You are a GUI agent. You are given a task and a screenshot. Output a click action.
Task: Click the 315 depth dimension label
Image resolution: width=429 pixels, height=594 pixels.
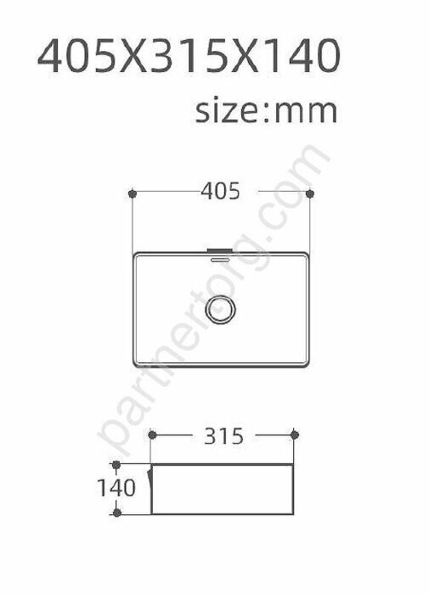pyautogui.click(x=223, y=436)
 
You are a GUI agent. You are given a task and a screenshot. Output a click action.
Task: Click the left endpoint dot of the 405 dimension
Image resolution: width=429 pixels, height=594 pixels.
pyautogui.click(x=133, y=194)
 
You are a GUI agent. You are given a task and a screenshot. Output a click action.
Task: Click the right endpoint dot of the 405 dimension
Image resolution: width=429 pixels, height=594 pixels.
pyautogui.click(x=310, y=194)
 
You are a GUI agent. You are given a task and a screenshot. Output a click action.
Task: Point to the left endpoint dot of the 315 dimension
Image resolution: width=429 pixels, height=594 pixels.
pyautogui.click(x=152, y=436)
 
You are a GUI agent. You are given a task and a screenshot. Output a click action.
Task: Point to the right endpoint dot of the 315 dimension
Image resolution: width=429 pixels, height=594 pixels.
pyautogui.click(x=294, y=436)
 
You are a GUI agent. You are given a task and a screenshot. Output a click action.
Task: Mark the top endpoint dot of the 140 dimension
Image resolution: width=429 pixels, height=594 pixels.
pyautogui.click(x=117, y=464)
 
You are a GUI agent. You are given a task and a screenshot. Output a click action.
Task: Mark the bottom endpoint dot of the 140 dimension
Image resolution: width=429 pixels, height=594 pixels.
pyautogui.click(x=117, y=513)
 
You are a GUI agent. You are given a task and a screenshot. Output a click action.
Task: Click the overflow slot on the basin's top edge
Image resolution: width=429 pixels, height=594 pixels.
pyautogui.click(x=221, y=250)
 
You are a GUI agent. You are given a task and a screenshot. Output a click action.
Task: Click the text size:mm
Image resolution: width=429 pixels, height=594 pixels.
pyautogui.click(x=266, y=111)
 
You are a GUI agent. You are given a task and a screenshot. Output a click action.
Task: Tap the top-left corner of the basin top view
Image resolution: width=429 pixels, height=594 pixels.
pyautogui.click(x=134, y=253)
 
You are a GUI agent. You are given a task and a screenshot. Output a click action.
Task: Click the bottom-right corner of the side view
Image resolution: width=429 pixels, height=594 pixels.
pyautogui.click(x=294, y=513)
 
